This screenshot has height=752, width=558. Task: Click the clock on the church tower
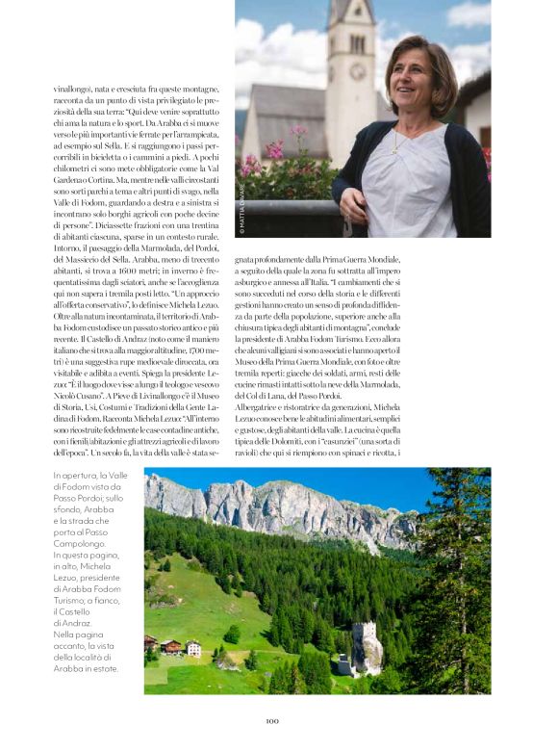tap(358, 72)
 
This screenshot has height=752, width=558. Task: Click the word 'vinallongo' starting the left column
tap(74, 89)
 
